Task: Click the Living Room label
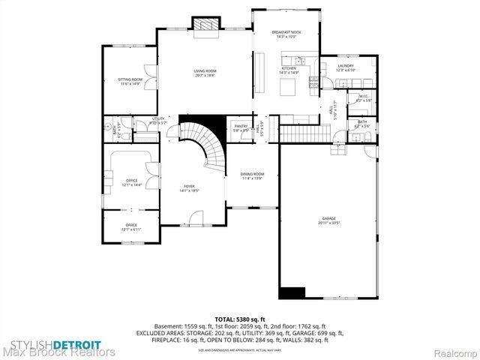pos(205,73)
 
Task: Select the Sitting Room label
pos(130,82)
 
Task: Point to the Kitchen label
pos(289,70)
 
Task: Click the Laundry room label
pos(345,68)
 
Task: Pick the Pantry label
pos(241,128)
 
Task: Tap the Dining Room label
pos(252,175)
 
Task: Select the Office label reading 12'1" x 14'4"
pos(132,182)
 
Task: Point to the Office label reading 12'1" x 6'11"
pos(132,227)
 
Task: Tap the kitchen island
pos(289,88)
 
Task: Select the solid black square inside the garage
pos(292,293)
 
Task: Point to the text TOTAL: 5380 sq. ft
pos(239,319)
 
